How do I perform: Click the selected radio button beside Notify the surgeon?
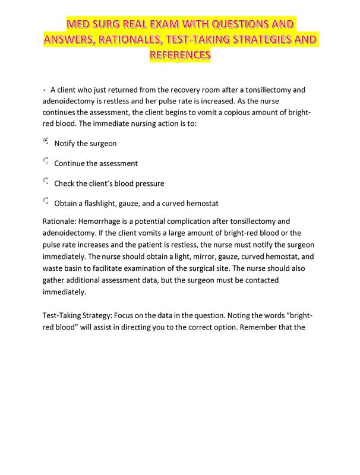(x=46, y=142)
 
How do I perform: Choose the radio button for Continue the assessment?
(x=46, y=161)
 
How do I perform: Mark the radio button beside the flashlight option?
(x=46, y=201)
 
